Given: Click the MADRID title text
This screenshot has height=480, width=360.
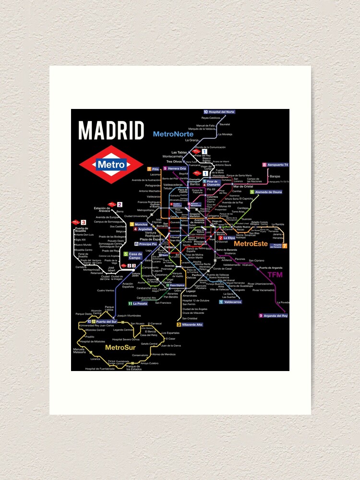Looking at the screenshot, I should [x=111, y=131].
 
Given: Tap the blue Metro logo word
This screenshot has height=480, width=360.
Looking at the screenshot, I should [x=111, y=165].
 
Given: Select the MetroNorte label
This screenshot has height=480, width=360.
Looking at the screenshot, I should [x=173, y=134].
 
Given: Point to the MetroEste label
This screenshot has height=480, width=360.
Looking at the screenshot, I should [x=251, y=244].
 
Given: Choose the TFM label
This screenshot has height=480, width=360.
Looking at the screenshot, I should [x=275, y=275].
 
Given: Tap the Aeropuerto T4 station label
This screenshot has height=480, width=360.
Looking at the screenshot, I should [x=278, y=165].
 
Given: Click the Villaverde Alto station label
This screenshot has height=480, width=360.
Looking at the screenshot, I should [x=192, y=324].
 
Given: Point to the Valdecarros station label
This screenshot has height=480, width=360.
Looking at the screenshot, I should [x=233, y=301].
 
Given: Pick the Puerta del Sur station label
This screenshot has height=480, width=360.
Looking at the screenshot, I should [x=107, y=321].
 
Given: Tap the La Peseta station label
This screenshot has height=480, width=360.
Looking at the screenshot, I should [x=140, y=303].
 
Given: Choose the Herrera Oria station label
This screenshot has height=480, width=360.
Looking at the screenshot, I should [x=177, y=168].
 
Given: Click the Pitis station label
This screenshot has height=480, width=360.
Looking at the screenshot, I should [x=155, y=169].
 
